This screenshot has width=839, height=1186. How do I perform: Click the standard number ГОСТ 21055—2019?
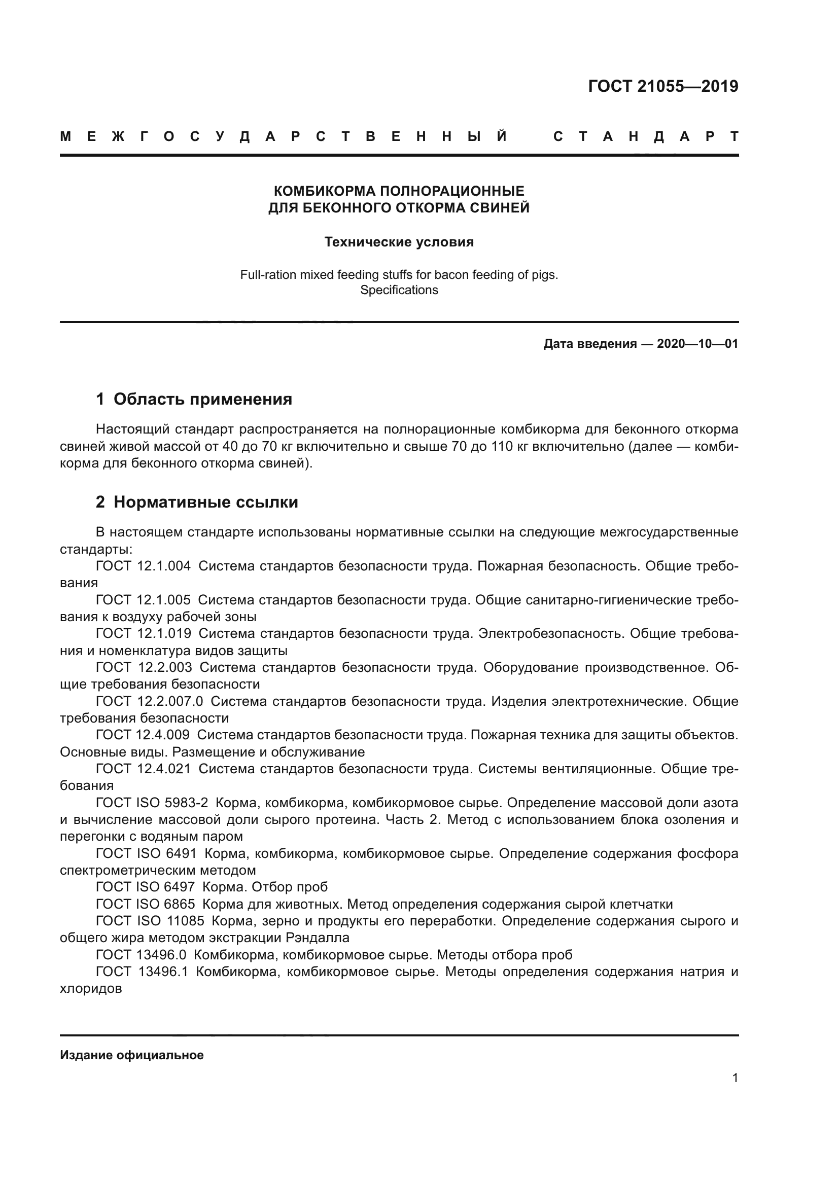(x=663, y=86)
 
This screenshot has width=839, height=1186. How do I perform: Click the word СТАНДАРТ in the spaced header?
(x=646, y=137)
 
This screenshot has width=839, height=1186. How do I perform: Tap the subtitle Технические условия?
(x=399, y=242)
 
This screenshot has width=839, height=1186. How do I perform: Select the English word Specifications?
(x=399, y=291)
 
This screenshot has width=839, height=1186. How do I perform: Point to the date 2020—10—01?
(x=697, y=344)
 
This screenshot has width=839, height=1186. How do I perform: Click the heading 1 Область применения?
(x=194, y=399)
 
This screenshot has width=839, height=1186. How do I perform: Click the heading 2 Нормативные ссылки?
(x=197, y=502)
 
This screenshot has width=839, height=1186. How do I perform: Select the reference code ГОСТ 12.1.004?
(x=143, y=566)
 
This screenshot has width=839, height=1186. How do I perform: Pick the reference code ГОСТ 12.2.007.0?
(x=149, y=701)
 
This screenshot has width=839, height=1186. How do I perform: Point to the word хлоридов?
(x=91, y=989)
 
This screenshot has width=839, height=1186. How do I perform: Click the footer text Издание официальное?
(x=132, y=1055)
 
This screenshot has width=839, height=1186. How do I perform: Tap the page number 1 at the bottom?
(x=735, y=1078)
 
